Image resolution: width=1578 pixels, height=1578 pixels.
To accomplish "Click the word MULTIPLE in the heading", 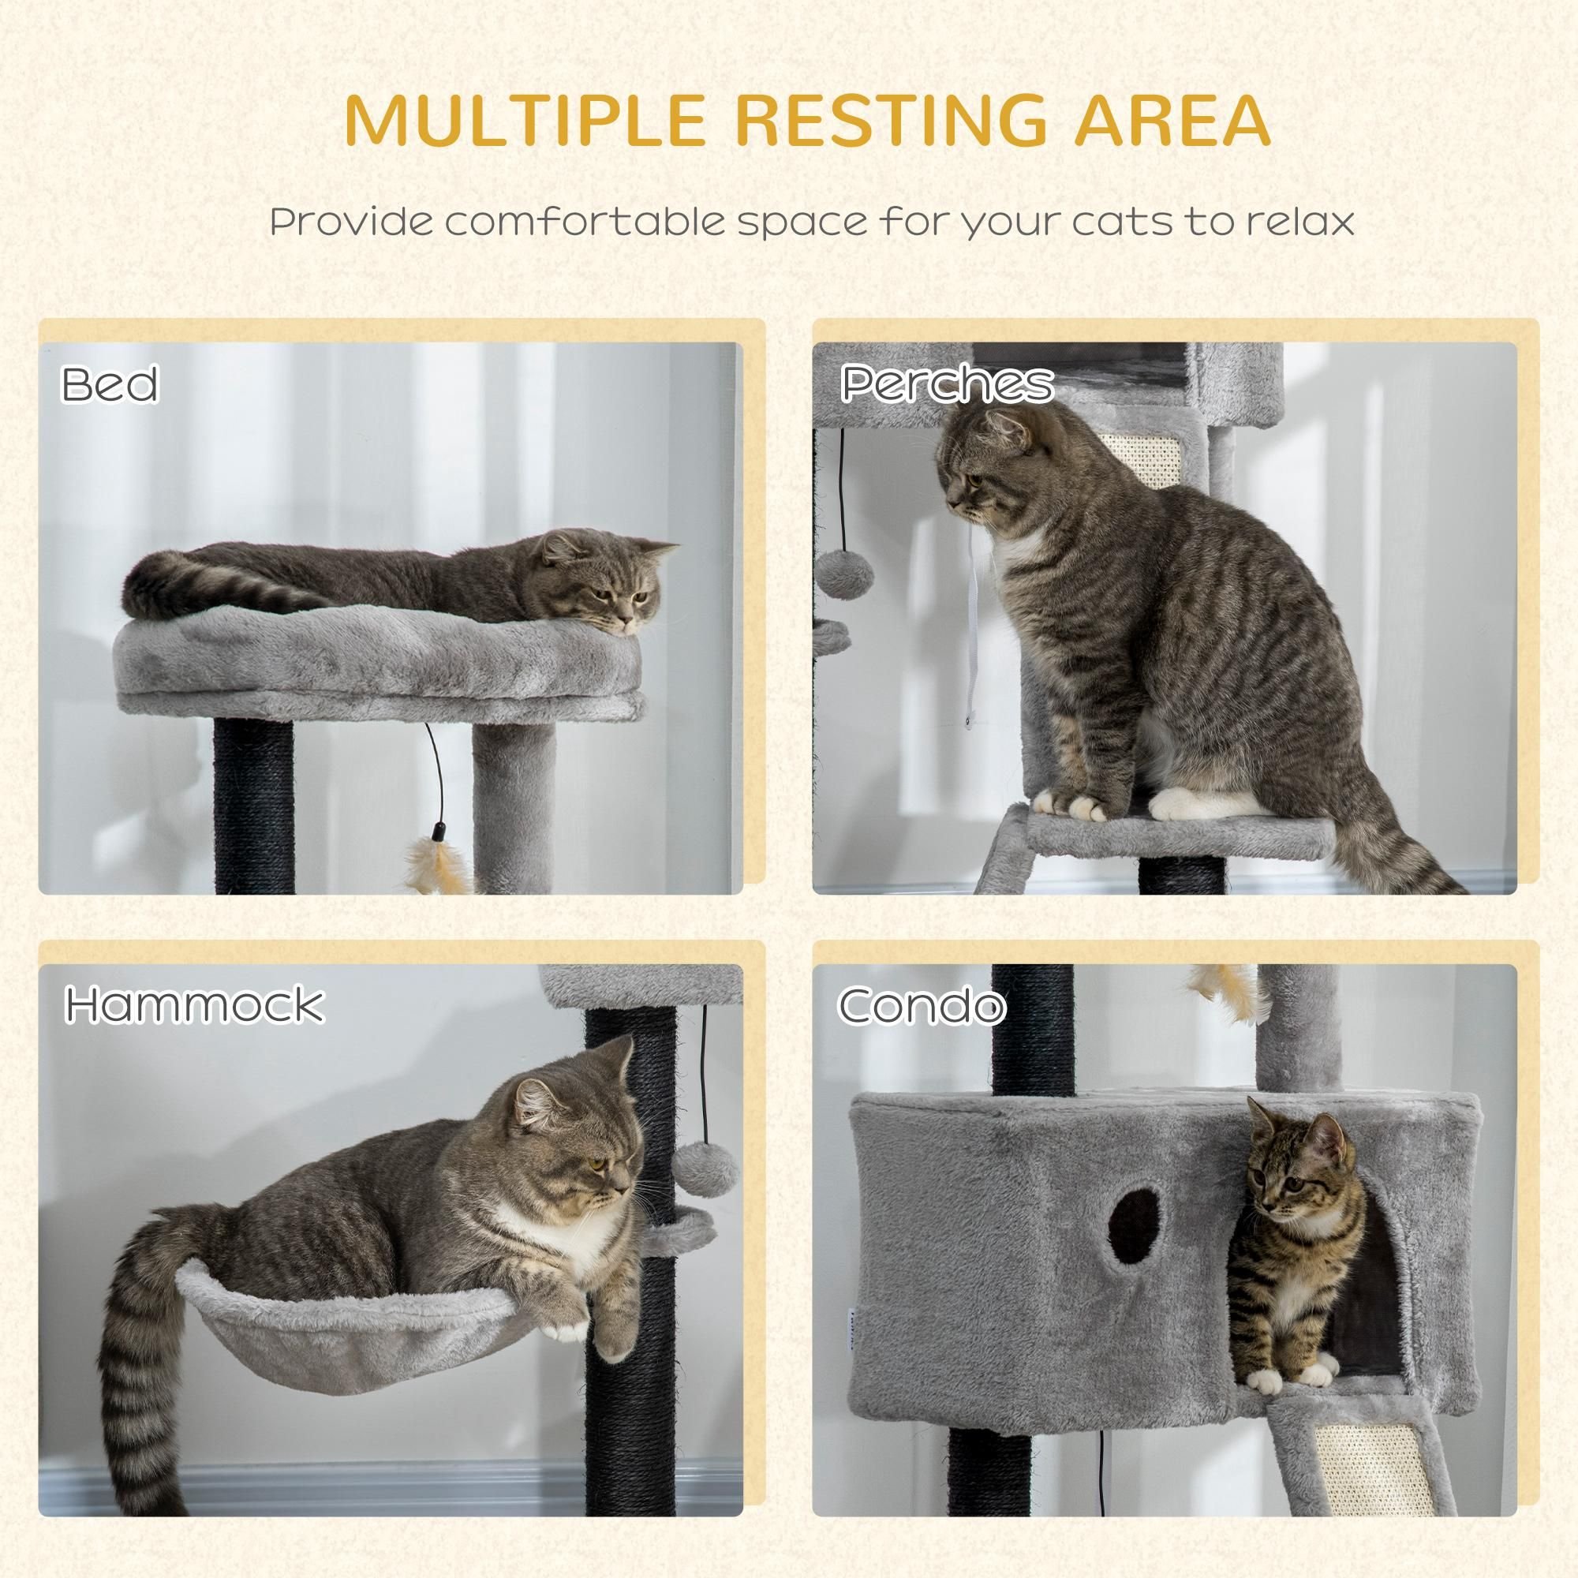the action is (x=525, y=121).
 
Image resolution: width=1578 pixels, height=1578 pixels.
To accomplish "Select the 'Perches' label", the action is (x=947, y=383).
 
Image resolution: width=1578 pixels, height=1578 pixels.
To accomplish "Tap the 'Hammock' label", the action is (x=194, y=1004).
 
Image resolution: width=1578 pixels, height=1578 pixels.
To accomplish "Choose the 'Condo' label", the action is (x=922, y=1004).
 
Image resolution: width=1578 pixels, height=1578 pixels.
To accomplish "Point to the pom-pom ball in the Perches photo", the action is (x=845, y=574).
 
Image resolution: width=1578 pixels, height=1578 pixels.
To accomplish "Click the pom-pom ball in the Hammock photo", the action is (x=706, y=1169).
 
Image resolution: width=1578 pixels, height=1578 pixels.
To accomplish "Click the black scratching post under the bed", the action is (x=254, y=806).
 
